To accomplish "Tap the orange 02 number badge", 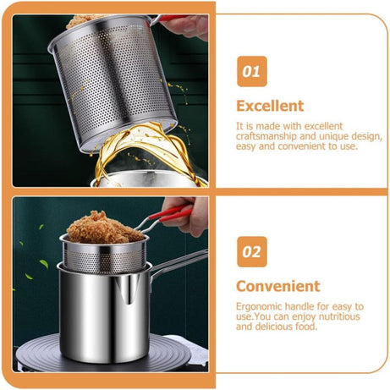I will [x=251, y=251].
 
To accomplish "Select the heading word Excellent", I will [x=269, y=106].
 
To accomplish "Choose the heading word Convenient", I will [x=277, y=286].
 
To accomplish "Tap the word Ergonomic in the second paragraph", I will [x=261, y=306].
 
